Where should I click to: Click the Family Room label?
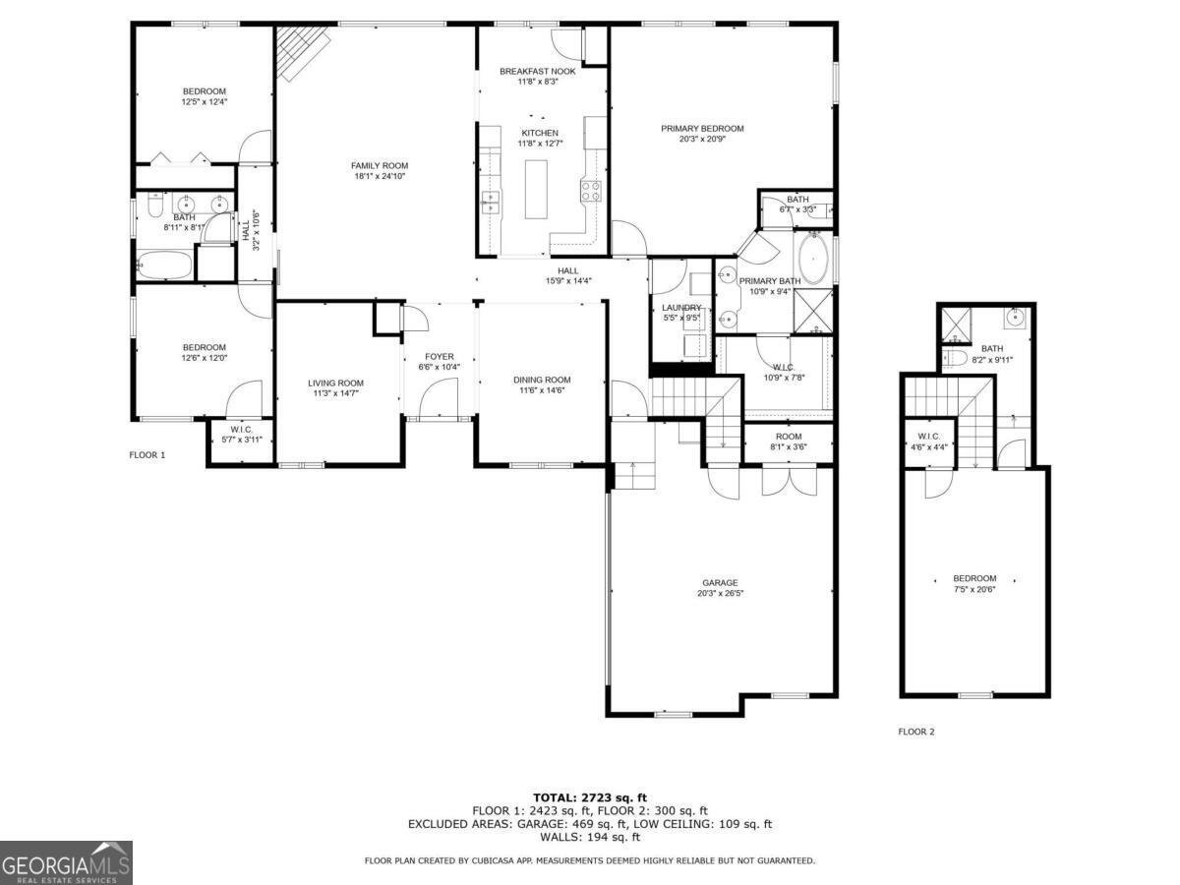(380, 165)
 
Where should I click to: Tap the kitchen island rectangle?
(536, 189)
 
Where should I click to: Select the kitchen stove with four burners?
(591, 191)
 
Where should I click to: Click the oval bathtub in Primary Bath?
(813, 258)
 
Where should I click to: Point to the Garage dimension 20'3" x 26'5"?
(719, 593)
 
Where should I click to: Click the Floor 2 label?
(915, 732)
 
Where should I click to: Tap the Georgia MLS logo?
(66, 862)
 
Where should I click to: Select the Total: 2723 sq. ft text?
(590, 797)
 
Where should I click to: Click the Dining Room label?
(542, 380)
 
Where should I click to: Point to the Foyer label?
(439, 356)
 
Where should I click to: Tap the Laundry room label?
(681, 307)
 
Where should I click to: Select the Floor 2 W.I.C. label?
(929, 437)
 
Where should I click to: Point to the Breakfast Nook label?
(537, 71)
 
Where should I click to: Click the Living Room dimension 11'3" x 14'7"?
(336, 394)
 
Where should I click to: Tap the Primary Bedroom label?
(702, 128)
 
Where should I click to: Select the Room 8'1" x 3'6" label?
(788, 437)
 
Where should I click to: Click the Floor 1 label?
(147, 454)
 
